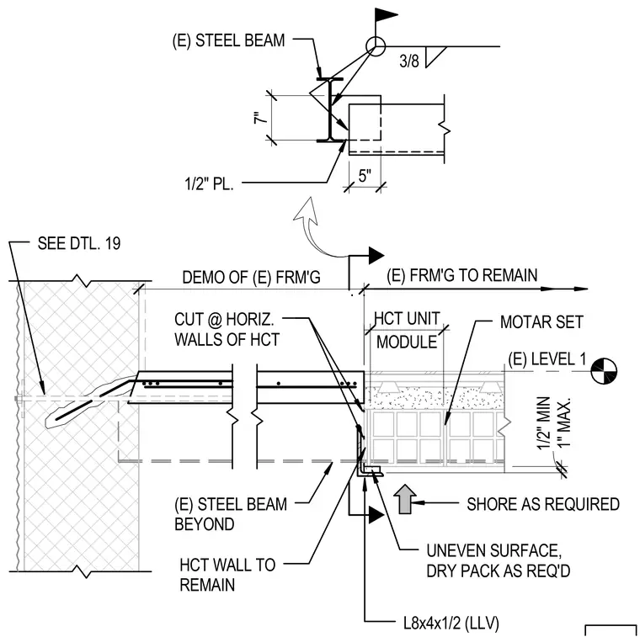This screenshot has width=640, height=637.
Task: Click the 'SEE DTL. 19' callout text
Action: [79, 243]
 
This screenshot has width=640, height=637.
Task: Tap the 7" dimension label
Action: [260, 118]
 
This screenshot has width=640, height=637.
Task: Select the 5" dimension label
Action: [365, 176]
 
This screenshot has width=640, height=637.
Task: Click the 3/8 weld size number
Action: [409, 61]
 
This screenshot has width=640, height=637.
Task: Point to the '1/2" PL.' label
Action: [209, 184]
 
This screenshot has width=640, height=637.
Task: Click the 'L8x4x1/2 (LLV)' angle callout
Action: [451, 624]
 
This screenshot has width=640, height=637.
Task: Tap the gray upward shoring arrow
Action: [405, 499]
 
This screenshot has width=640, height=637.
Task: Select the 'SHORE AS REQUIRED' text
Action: [543, 504]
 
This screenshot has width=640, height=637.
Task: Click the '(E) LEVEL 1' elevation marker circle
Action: [604, 371]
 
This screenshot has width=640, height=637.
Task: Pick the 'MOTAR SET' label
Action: [541, 322]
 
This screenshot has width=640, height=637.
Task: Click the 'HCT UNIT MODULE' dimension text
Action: [407, 330]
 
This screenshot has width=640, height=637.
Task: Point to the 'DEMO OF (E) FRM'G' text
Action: [251, 278]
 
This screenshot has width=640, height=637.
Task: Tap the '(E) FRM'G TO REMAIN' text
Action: [462, 275]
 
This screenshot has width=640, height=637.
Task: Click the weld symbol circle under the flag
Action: [376, 46]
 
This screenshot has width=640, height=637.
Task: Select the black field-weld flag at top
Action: [386, 15]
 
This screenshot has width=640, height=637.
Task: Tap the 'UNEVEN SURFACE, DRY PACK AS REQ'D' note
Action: [498, 560]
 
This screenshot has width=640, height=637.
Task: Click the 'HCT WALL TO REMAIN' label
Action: [227, 575]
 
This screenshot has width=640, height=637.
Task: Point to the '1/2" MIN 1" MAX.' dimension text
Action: [553, 423]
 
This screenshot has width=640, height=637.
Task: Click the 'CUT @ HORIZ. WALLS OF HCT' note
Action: [227, 330]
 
